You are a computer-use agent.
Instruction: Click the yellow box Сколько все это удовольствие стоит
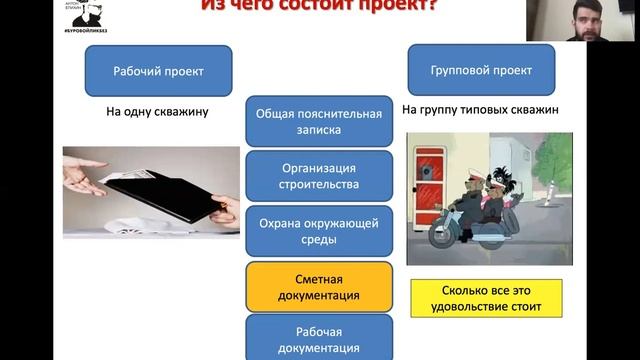click(x=486, y=298)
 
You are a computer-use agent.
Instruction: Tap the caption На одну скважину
click(x=157, y=112)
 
